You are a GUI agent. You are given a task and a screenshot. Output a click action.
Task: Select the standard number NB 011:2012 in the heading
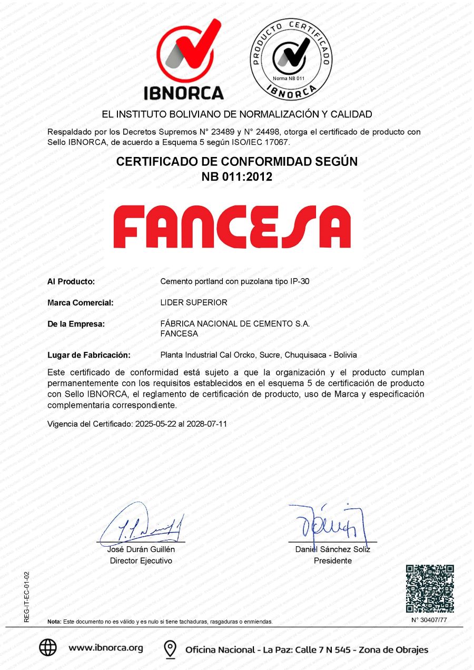(237, 177)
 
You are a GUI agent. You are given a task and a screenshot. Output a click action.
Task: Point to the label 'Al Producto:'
(71, 282)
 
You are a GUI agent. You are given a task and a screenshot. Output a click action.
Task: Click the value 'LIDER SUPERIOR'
(194, 303)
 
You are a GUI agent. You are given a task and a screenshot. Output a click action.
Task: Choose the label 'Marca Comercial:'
(81, 303)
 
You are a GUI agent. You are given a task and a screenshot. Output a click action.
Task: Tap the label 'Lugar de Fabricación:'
(89, 355)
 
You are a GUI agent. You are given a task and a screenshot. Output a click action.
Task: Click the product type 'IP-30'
(300, 282)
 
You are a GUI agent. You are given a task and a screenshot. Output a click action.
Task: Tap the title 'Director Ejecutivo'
(141, 561)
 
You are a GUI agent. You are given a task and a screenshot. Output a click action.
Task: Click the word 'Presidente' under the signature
(333, 561)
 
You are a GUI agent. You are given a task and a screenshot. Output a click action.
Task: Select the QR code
(430, 588)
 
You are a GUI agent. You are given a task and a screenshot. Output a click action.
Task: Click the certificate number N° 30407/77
(429, 620)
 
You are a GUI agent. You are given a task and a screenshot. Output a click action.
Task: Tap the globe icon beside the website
(48, 648)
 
